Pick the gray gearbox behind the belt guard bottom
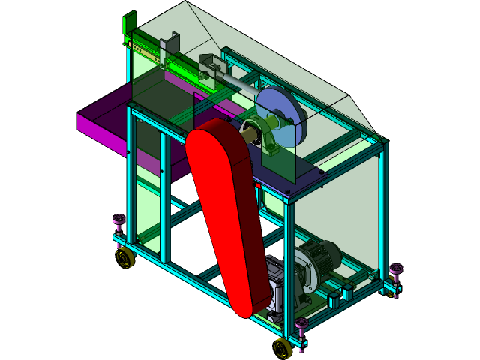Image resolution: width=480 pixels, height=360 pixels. [276, 285]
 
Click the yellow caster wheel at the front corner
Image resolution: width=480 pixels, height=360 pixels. [283, 348]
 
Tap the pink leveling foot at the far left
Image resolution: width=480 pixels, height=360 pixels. [118, 223]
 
